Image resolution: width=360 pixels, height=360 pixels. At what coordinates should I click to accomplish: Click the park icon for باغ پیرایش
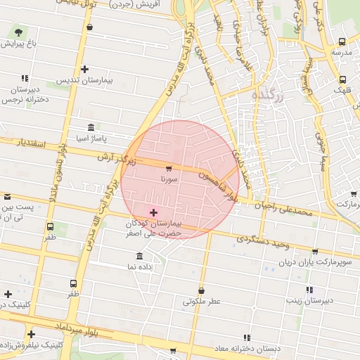[18, 32]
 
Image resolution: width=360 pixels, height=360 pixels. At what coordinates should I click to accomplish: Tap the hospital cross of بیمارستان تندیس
[85, 69]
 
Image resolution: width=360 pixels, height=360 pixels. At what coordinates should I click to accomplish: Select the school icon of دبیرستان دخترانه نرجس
[25, 79]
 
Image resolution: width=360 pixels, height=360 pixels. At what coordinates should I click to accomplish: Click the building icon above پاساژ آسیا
[91, 127]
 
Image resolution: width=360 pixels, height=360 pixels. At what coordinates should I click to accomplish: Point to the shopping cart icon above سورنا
[169, 169]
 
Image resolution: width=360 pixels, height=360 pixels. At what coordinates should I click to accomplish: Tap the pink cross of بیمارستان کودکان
[153, 212]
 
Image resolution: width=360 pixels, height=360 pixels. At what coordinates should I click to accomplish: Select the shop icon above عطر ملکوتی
[202, 290]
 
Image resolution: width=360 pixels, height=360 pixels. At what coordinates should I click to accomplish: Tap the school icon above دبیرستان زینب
[309, 290]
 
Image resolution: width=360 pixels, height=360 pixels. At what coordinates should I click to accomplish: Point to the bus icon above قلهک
[342, 79]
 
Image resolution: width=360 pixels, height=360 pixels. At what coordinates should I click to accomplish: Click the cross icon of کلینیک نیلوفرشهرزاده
[31, 334]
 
